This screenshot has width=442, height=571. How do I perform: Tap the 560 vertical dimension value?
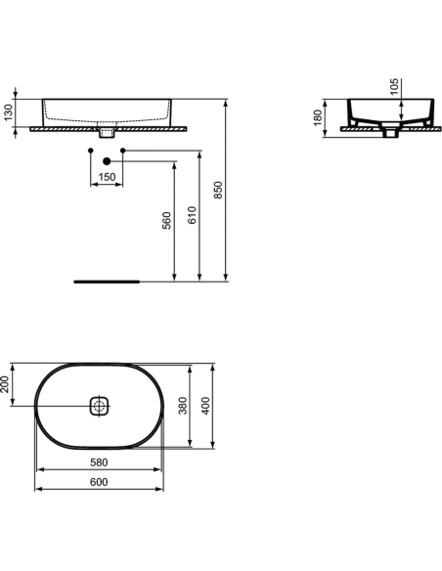(x=167, y=222)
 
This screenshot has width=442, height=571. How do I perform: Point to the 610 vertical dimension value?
(x=194, y=215)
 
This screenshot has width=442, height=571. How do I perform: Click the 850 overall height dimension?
(x=220, y=190)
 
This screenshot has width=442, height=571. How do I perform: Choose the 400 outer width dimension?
(x=205, y=406)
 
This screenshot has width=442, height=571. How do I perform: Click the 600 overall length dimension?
(x=99, y=482)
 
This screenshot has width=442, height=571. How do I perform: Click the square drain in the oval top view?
(x=100, y=406)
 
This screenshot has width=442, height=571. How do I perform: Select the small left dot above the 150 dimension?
(x=90, y=152)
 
